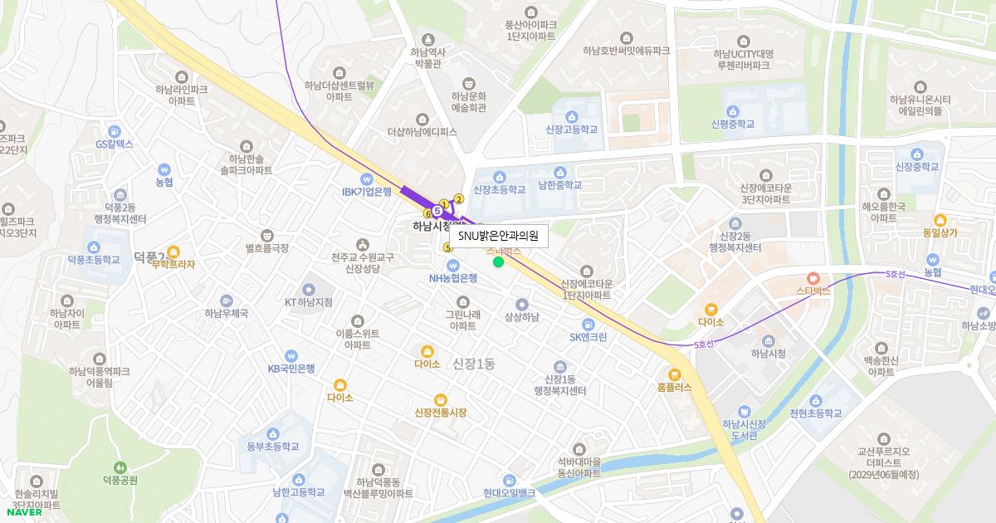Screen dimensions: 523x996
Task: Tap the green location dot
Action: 498,262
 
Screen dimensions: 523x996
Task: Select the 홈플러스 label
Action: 674,387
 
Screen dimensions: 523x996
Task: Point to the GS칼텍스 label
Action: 114,144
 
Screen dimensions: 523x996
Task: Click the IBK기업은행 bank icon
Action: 366,178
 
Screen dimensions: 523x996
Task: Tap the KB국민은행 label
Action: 290,369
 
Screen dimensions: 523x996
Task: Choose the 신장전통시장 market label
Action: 440,413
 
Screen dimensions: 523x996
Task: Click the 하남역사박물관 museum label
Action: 428,57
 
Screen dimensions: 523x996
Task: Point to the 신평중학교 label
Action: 733,124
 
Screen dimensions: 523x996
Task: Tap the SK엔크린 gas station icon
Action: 588,324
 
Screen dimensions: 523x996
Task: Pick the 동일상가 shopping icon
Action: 940,220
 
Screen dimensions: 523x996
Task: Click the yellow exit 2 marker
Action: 458,198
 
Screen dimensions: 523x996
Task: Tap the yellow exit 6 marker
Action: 427,213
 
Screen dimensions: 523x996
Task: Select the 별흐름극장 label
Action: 266,247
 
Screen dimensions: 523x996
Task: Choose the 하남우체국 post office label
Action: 227,313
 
